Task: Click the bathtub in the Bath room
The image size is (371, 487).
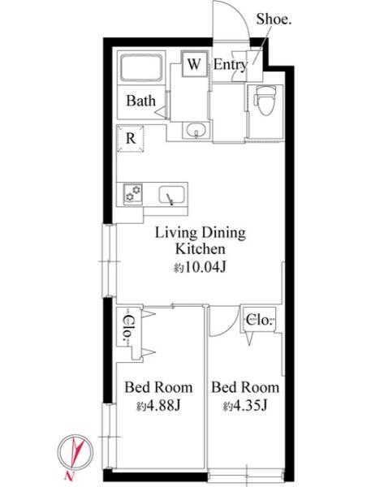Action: pyautogui.click(x=141, y=67)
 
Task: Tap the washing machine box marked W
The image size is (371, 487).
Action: pyautogui.click(x=195, y=63)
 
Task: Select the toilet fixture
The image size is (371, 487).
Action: pyautogui.click(x=265, y=100)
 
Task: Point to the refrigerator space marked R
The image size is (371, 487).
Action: pyautogui.click(x=131, y=139)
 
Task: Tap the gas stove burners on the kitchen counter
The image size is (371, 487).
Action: pyautogui.click(x=133, y=193)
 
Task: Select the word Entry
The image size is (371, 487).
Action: pyautogui.click(x=231, y=65)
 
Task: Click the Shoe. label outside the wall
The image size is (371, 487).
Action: pyautogui.click(x=274, y=19)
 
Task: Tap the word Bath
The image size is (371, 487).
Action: pyautogui.click(x=140, y=101)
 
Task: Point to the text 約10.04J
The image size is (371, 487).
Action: pyautogui.click(x=200, y=267)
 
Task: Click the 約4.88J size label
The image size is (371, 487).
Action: pyautogui.click(x=158, y=406)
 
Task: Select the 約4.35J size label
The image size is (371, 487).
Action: pyautogui.click(x=245, y=406)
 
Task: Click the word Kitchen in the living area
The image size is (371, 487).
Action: pyautogui.click(x=200, y=249)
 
